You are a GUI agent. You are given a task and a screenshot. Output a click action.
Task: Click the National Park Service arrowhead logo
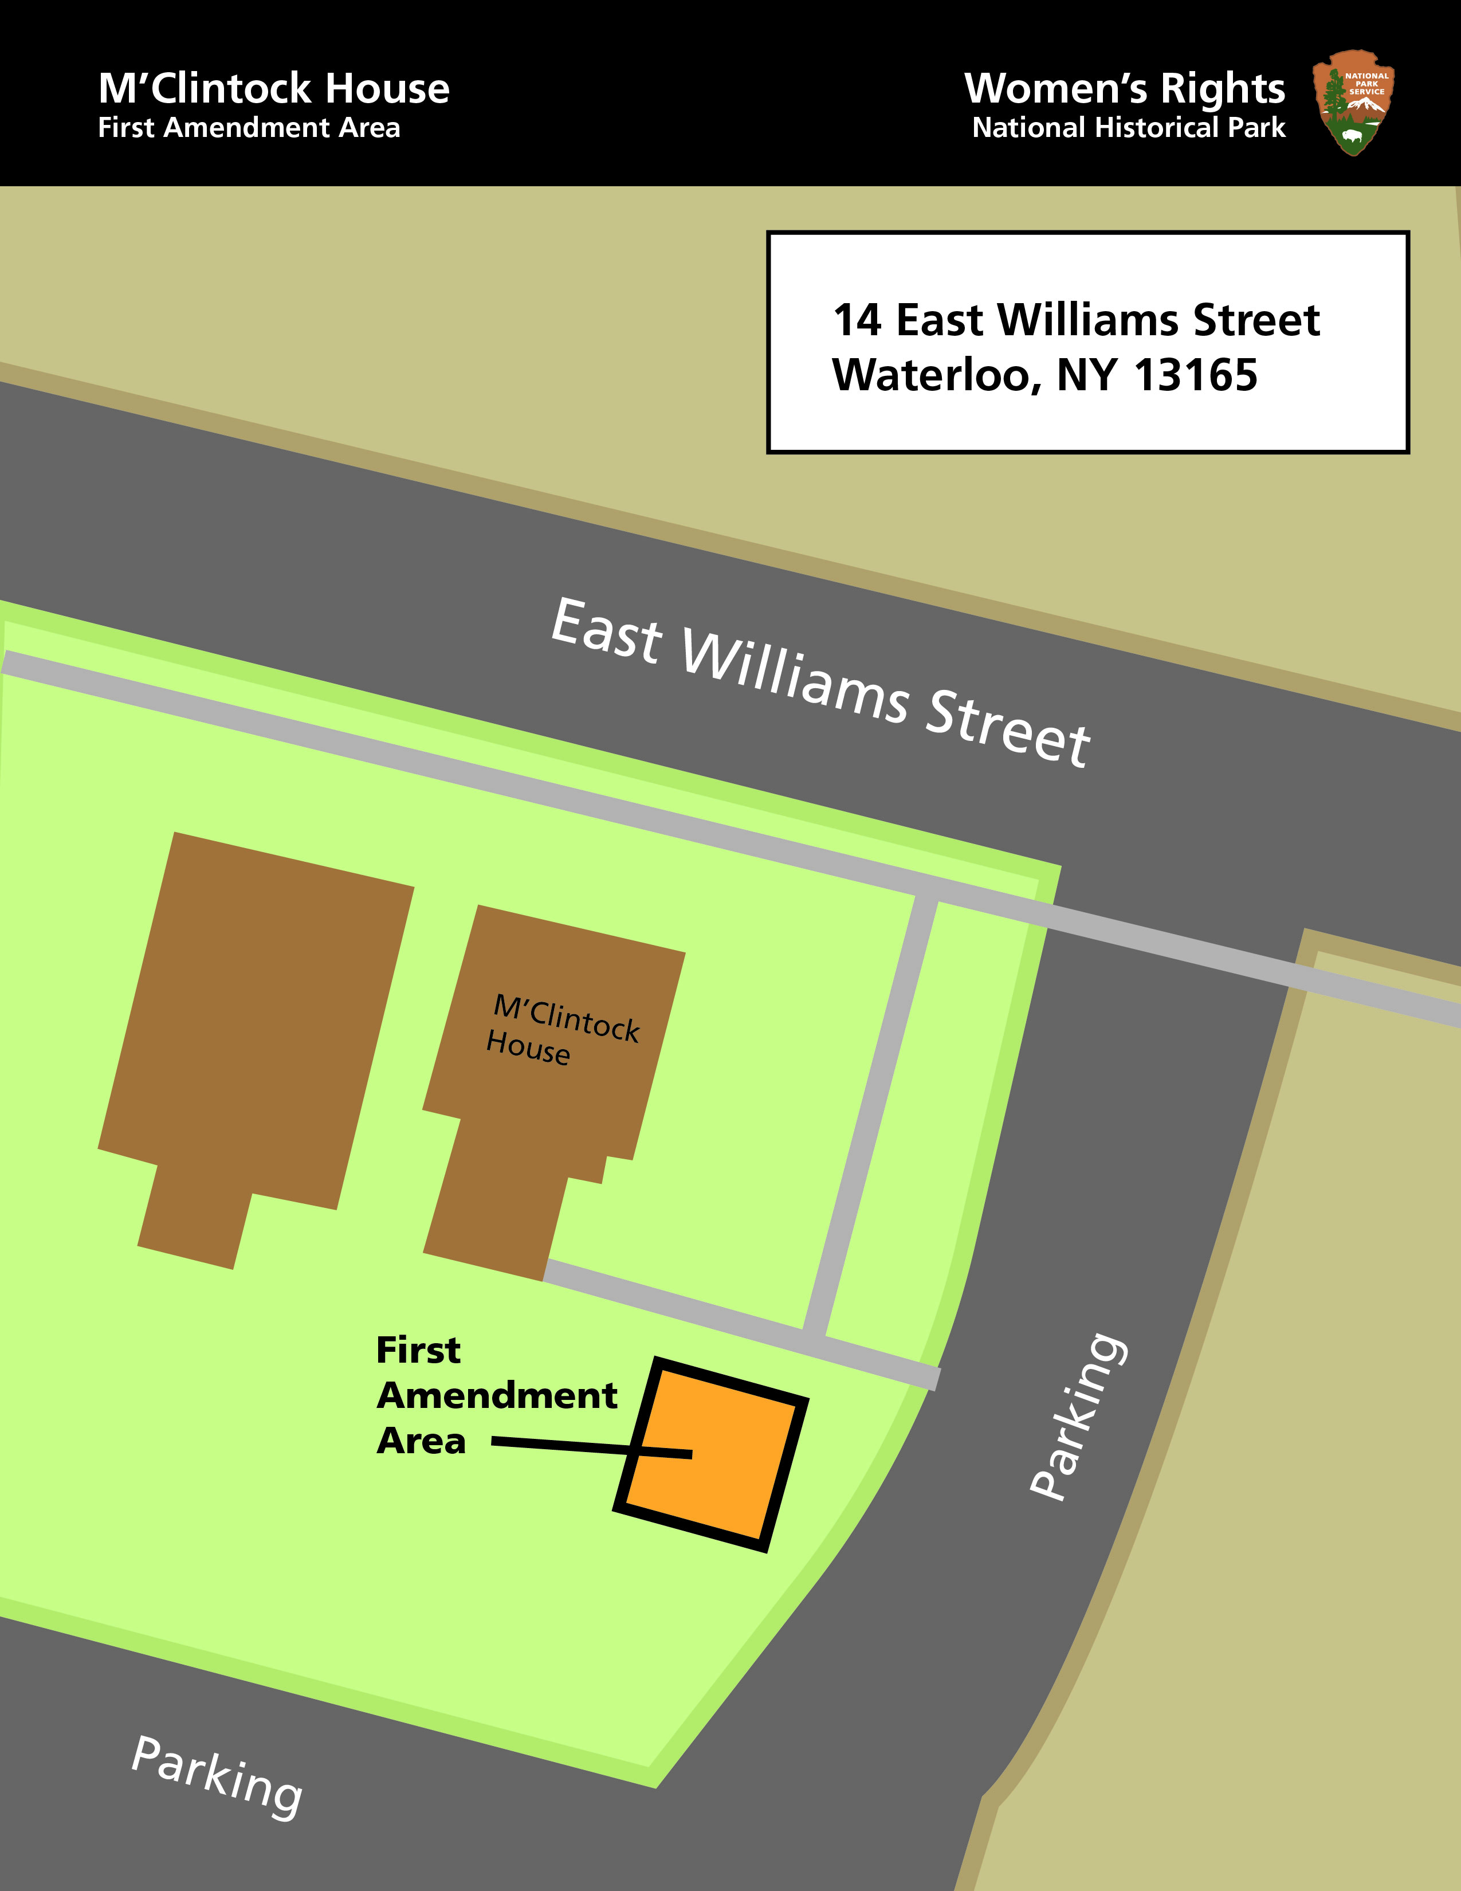(x=1353, y=102)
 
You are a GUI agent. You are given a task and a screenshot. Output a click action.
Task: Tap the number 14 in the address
(x=857, y=320)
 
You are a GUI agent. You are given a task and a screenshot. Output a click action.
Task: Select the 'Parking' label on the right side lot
(x=1078, y=1415)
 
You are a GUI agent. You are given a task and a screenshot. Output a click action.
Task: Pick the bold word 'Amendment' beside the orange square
(x=497, y=1396)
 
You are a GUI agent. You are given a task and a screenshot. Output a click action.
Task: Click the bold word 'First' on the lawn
(x=418, y=1350)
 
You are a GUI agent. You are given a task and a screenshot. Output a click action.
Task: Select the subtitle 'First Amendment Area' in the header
(x=249, y=128)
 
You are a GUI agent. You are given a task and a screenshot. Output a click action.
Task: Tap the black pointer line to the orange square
(x=563, y=1445)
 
